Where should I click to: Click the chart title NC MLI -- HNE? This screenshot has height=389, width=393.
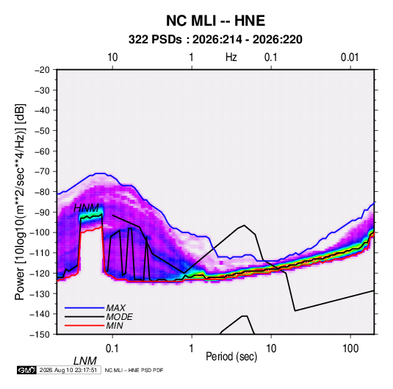215,21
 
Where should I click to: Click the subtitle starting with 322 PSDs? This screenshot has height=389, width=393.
215,40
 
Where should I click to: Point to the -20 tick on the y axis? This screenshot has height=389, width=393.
42,70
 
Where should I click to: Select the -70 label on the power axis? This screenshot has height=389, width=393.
42,171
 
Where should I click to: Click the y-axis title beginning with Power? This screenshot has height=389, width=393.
20,202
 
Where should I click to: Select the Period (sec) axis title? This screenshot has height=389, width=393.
231,357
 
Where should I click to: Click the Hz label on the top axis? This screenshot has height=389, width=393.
231,57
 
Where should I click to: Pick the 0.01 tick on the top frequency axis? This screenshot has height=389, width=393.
350,57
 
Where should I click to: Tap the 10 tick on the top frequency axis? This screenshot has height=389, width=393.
112,57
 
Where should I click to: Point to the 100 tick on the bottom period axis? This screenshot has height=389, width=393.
350,349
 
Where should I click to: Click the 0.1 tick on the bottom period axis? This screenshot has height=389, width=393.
112,349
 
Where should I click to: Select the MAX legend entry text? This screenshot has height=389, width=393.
115,308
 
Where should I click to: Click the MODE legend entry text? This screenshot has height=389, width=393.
119,317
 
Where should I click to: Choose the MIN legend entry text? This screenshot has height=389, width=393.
115,326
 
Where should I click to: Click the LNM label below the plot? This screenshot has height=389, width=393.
85,361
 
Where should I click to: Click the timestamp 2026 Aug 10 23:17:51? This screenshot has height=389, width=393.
68,370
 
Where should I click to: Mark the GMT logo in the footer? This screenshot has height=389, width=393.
27,370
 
